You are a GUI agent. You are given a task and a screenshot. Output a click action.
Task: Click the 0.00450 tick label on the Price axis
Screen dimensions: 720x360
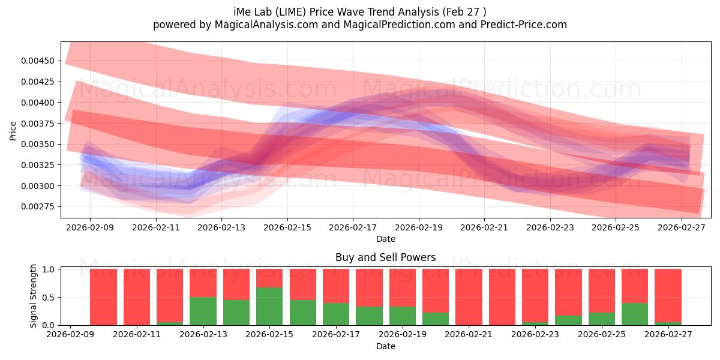tap(38, 61)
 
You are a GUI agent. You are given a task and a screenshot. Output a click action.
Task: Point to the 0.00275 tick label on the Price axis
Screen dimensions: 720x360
tap(38, 206)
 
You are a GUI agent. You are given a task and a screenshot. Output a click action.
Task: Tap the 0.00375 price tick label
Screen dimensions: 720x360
tap(38, 124)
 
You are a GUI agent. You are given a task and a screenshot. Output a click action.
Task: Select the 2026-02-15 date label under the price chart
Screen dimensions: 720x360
tap(287, 227)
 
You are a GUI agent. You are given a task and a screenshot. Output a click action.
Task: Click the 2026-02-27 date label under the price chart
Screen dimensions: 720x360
tap(682, 227)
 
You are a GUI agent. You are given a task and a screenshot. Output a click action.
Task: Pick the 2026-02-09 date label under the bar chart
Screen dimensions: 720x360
tap(70, 334)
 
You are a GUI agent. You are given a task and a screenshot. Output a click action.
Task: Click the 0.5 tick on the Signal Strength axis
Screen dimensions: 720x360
tap(48, 298)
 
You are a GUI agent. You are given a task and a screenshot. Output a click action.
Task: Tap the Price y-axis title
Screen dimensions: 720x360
tap(13, 131)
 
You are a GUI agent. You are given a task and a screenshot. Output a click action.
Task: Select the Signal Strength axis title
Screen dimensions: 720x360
tap(33, 296)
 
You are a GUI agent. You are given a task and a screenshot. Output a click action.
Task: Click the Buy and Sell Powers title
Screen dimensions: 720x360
tap(385, 257)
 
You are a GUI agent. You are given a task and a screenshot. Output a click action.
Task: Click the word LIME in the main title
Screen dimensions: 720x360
tap(292, 12)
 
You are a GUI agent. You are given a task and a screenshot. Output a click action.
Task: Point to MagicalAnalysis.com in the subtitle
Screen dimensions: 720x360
tap(266, 25)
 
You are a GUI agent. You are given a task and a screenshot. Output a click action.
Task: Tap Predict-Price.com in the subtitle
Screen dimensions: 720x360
tap(524, 25)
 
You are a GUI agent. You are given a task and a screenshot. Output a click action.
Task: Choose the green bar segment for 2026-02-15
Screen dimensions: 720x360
tap(269, 307)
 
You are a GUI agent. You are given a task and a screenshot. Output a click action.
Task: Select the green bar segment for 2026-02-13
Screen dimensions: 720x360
tap(203, 311)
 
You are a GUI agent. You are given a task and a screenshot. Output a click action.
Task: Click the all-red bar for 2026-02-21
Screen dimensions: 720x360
tap(469, 297)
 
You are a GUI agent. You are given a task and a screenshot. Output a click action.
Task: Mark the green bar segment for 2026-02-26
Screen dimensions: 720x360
tap(635, 314)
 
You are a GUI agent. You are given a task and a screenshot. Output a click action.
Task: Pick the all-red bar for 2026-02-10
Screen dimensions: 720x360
tap(103, 297)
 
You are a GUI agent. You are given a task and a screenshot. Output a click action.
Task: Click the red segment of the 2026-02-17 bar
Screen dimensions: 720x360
tap(336, 286)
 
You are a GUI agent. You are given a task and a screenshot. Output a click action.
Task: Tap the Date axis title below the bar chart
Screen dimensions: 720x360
tap(385, 346)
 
